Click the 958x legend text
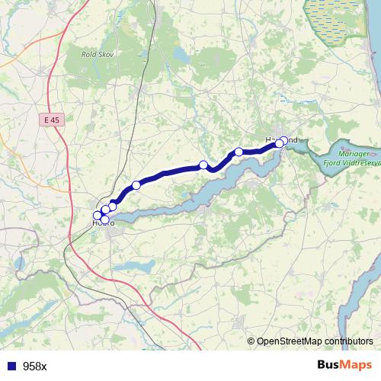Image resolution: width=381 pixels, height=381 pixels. click(34, 366)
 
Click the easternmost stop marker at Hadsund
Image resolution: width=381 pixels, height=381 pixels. click(285, 140)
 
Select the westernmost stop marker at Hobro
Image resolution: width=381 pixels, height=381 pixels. click(97, 215)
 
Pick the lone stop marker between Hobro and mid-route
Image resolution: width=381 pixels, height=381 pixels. click(136, 184)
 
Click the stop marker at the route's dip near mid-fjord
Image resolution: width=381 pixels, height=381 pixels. click(203, 165)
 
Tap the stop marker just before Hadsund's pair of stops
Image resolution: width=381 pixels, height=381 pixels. click(239, 152)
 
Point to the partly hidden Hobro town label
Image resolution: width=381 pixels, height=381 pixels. click(103, 223)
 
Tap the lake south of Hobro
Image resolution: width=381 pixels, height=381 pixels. click(137, 267)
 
